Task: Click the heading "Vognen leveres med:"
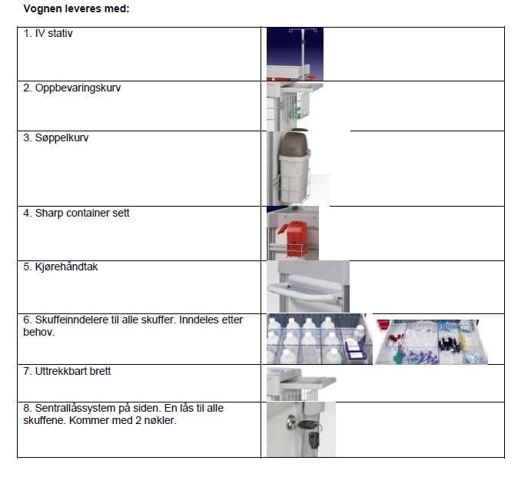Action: (x=77, y=8)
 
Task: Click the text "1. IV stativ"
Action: (x=48, y=33)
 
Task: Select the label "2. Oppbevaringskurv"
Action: (x=71, y=88)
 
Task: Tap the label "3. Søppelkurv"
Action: (x=56, y=137)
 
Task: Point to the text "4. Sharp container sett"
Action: (x=76, y=213)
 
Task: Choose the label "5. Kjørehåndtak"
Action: (x=60, y=267)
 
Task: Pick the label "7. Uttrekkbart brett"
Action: (x=67, y=371)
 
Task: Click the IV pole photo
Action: (x=295, y=54)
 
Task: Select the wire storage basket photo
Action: (x=294, y=106)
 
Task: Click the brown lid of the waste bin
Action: (x=294, y=143)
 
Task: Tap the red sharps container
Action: (x=294, y=238)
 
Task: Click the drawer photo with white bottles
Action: (x=320, y=339)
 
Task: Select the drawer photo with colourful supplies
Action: (x=432, y=341)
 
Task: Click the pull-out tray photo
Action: (x=301, y=384)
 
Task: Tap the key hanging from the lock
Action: (x=314, y=440)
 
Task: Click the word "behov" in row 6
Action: (x=38, y=332)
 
